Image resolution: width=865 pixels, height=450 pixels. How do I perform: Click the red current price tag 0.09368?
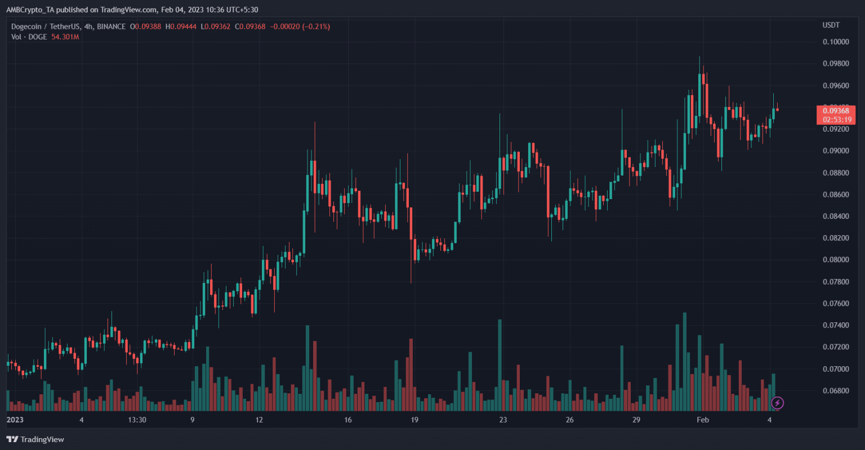pos(836,111)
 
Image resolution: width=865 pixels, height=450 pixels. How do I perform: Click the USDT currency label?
pos(831,25)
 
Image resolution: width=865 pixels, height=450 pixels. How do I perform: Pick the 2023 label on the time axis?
pos(15,420)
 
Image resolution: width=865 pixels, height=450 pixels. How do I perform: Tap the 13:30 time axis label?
pos(137,420)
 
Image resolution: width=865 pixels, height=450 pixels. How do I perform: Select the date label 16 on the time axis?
pos(347,420)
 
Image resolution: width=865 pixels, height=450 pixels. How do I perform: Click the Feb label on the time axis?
pos(702,420)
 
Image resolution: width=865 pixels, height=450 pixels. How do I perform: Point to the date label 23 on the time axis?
pos(503,420)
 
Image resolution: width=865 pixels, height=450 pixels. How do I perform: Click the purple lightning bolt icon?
pos(777,403)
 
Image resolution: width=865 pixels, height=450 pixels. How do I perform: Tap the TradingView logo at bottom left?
pos(35,439)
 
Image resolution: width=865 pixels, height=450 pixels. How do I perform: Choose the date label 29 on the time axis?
pos(636,420)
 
